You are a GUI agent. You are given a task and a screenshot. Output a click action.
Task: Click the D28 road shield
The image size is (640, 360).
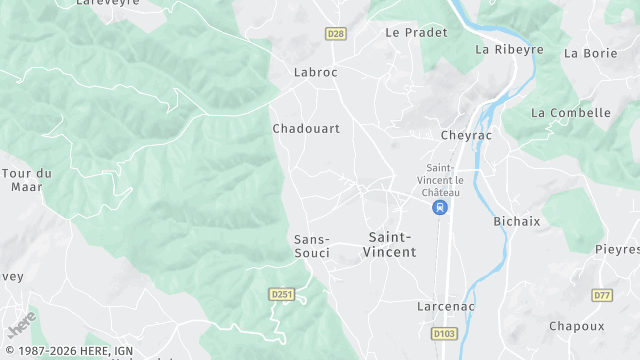[x=336, y=34]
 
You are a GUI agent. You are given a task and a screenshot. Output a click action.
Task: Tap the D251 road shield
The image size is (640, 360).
[x=281, y=294]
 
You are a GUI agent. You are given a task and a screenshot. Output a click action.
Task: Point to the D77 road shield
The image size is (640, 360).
[x=602, y=295]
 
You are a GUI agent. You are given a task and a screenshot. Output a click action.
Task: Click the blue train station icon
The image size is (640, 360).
[x=439, y=208]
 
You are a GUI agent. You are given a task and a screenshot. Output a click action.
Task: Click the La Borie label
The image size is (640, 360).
[x=591, y=53]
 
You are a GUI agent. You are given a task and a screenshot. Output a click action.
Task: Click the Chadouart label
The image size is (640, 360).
[x=306, y=129]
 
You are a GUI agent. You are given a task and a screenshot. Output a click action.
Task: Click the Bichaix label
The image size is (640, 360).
[x=517, y=220]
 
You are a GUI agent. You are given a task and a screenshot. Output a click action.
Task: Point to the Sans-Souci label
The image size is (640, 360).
[x=312, y=246]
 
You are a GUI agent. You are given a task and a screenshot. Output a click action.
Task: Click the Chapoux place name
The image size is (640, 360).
[x=576, y=326]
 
